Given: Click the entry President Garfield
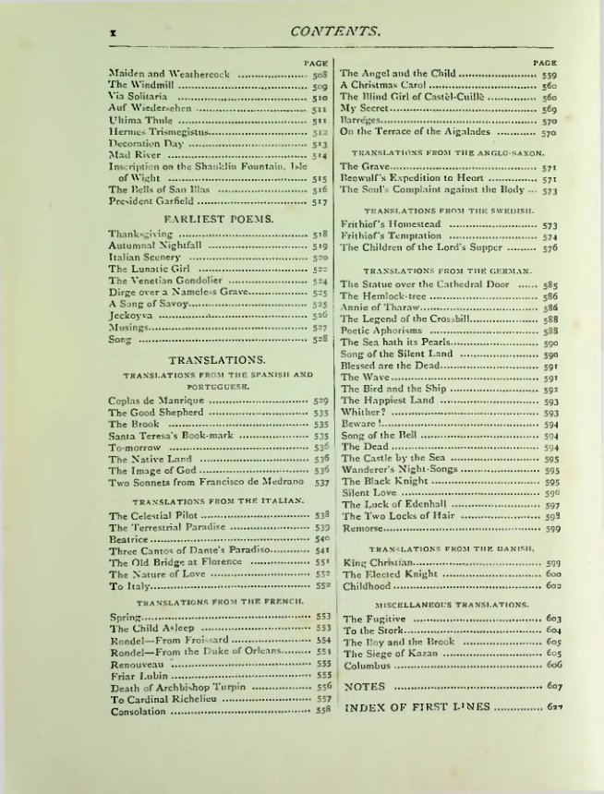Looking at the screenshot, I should coord(151,199).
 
